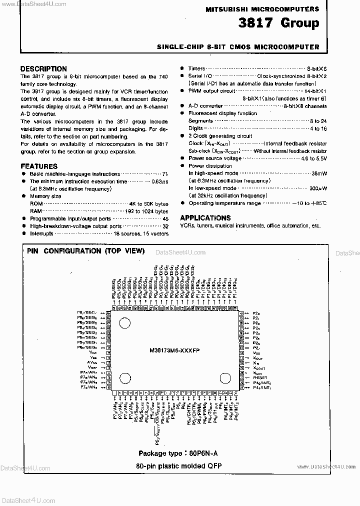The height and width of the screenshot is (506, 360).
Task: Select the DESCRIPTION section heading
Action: point(43,69)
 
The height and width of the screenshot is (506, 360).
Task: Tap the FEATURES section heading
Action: point(39,166)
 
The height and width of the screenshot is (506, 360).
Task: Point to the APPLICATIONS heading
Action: point(205,218)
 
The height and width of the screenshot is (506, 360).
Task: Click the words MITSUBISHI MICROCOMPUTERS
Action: point(262,9)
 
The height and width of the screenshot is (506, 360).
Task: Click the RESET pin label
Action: point(260,378)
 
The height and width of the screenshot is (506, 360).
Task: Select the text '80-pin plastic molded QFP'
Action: point(178,465)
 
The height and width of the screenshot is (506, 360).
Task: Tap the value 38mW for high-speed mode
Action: point(318,173)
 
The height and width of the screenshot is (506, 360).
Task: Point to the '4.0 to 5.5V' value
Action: point(314,158)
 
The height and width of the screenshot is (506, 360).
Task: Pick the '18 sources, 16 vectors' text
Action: point(140,233)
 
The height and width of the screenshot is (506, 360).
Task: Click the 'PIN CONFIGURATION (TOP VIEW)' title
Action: point(85,251)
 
